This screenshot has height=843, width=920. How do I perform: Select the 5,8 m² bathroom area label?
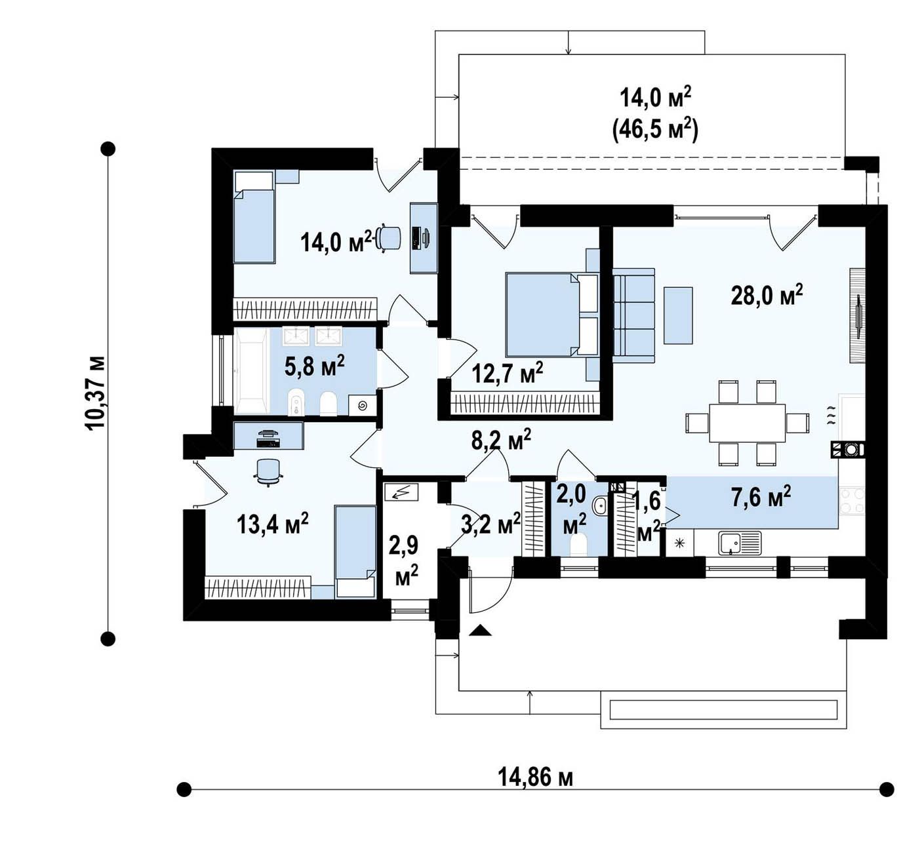(314, 366)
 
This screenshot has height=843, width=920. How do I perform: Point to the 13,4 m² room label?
(272, 524)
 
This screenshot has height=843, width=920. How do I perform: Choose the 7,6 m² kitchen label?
(761, 497)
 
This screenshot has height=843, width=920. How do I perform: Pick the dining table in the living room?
(747, 422)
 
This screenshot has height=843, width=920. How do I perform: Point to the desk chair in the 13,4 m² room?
(268, 472)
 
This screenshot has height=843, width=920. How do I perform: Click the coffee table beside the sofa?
(678, 315)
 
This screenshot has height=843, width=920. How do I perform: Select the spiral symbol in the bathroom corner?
(363, 406)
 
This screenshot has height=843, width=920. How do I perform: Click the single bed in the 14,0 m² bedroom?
(254, 216)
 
